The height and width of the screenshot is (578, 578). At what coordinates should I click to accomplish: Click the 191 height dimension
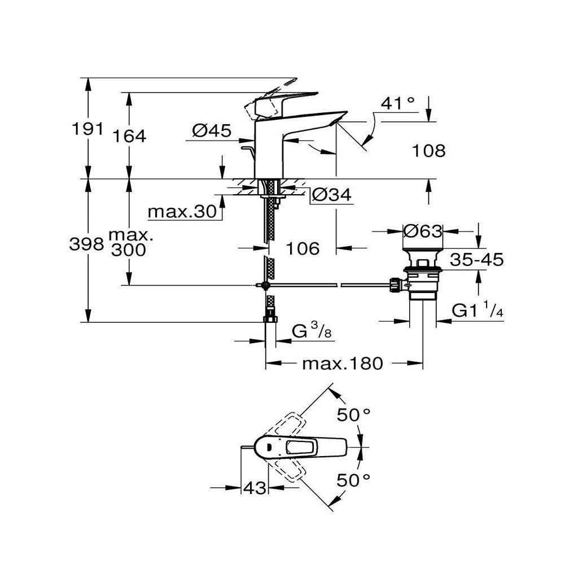tap(87, 129)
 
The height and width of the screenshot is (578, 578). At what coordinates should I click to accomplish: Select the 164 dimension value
tap(129, 137)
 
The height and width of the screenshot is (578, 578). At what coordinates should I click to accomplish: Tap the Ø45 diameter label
tap(212, 130)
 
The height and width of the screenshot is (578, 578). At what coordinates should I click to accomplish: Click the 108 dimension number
tap(429, 151)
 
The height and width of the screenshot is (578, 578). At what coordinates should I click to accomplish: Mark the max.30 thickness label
tap(182, 212)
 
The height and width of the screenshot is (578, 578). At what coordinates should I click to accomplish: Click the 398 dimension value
tap(86, 244)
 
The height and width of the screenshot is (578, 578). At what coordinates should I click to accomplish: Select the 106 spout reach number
tap(303, 248)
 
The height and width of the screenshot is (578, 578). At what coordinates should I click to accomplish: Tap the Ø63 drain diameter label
tap(422, 231)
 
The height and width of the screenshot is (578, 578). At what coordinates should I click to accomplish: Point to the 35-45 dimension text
tap(476, 260)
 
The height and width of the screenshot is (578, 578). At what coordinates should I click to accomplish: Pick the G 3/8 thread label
tap(312, 331)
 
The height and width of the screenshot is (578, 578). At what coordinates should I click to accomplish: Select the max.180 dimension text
tap(343, 364)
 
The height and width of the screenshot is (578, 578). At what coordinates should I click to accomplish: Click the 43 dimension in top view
tap(255, 488)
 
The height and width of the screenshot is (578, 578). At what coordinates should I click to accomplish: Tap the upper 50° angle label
tap(353, 415)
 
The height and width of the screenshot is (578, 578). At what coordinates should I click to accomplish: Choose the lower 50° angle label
tap(353, 480)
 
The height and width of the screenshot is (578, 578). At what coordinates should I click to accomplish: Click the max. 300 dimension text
tap(130, 243)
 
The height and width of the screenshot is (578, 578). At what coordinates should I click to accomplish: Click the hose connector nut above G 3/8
tap(270, 319)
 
